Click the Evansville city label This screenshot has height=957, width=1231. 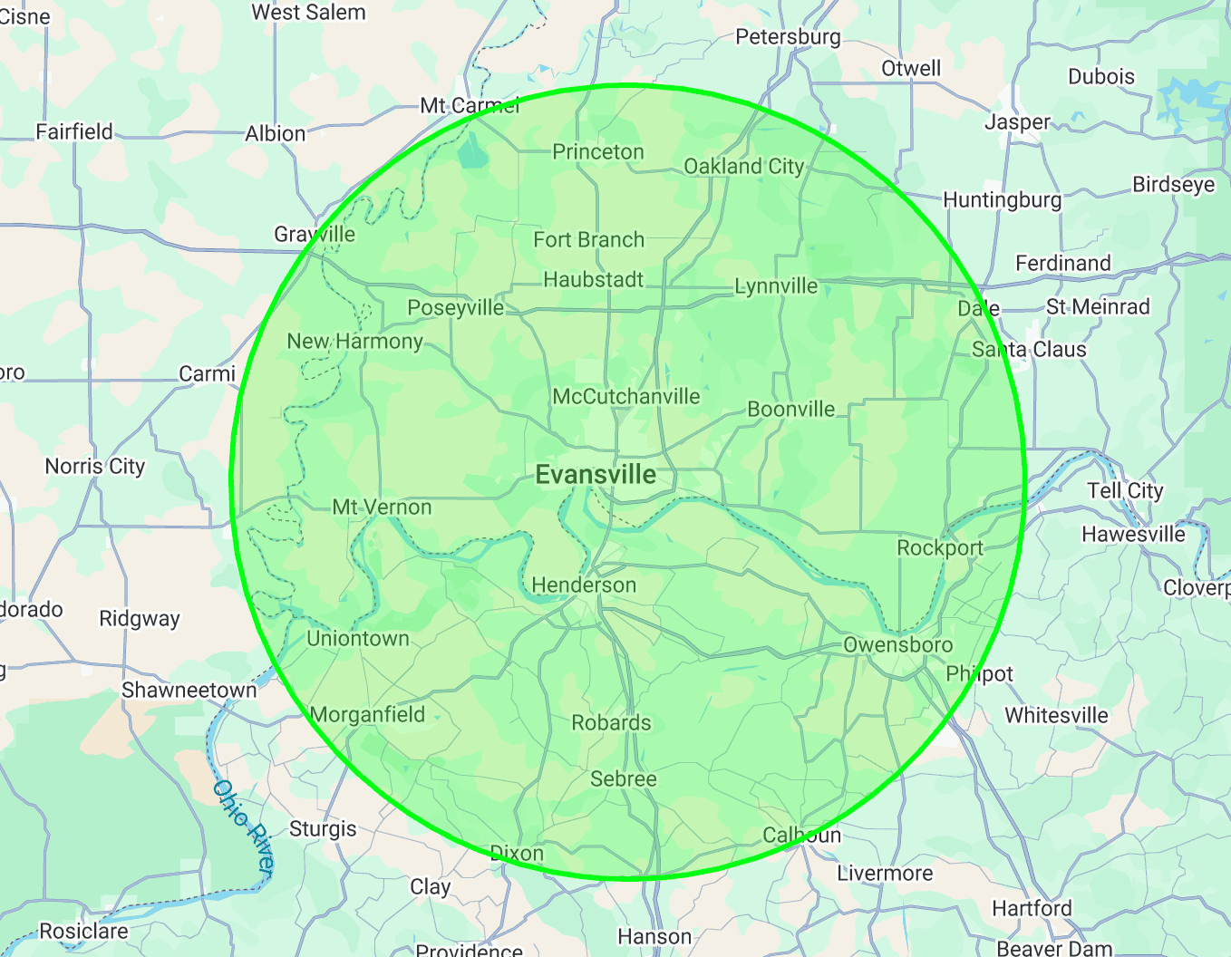pyautogui.click(x=596, y=474)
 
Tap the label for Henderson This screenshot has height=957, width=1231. pyautogui.click(x=584, y=585)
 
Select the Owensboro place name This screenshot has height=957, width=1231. pyautogui.click(x=897, y=644)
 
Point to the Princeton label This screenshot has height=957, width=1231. pyautogui.click(x=598, y=152)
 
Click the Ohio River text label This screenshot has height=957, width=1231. pyautogui.click(x=243, y=826)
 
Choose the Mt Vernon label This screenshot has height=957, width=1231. pyautogui.click(x=382, y=507)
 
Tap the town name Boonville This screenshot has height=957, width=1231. pyautogui.click(x=790, y=410)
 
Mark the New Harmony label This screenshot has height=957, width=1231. pyautogui.click(x=354, y=342)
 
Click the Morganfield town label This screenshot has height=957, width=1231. pyautogui.click(x=367, y=714)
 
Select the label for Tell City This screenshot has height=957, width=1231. pyautogui.click(x=1125, y=490)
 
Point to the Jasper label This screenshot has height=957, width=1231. pyautogui.click(x=1017, y=122)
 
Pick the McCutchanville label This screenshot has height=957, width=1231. pyautogui.click(x=626, y=397)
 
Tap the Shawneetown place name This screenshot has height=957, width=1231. pyautogui.click(x=189, y=691)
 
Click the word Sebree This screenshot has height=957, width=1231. pyautogui.click(x=624, y=779)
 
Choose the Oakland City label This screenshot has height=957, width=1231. pyautogui.click(x=743, y=167)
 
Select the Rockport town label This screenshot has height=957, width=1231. pyautogui.click(x=940, y=548)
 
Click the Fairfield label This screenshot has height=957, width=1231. pyautogui.click(x=74, y=132)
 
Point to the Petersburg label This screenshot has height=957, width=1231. pyautogui.click(x=788, y=37)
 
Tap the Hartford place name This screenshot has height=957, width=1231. pyautogui.click(x=1032, y=908)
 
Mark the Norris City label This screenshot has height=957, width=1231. pyautogui.click(x=95, y=467)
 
